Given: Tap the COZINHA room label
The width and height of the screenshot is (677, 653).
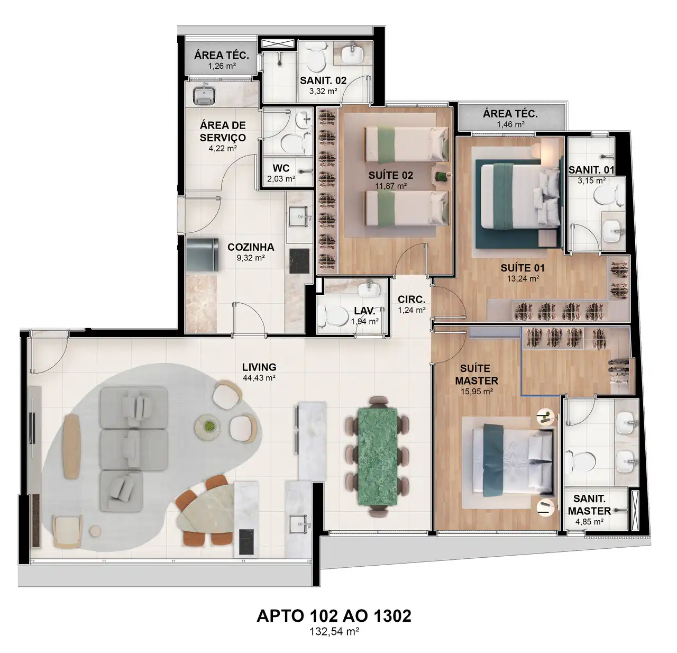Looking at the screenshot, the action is pyautogui.click(x=251, y=247).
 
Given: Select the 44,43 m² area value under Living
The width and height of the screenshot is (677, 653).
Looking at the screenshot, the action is pyautogui.click(x=259, y=378).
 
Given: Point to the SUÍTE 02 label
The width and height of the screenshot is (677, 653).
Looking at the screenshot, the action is pyautogui.click(x=391, y=175).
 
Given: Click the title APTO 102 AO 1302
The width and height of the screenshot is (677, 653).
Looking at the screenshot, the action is pyautogui.click(x=334, y=616).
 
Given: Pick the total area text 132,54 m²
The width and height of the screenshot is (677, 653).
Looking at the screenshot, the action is pyautogui.click(x=334, y=631).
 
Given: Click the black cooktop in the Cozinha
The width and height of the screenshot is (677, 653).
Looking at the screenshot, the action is pyautogui.click(x=299, y=261).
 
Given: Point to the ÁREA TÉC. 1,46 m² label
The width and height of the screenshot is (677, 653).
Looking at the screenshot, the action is pyautogui.click(x=510, y=119).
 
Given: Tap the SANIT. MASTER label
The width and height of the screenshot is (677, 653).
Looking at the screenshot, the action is pyautogui.click(x=589, y=505).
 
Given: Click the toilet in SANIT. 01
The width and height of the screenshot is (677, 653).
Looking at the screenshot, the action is pyautogui.click(x=609, y=196).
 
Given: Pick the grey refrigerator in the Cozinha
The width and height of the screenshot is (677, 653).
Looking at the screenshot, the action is pyautogui.click(x=202, y=255).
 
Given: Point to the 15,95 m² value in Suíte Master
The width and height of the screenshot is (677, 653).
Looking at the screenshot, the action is pyautogui.click(x=477, y=392).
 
